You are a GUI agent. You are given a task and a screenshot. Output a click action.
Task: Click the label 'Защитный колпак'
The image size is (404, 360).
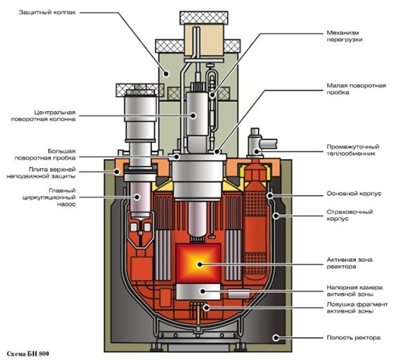point(47,12)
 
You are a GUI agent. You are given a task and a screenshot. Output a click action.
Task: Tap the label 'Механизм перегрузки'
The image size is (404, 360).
point(345,36)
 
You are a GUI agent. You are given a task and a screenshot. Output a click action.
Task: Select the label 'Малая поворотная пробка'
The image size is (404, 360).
point(356,89)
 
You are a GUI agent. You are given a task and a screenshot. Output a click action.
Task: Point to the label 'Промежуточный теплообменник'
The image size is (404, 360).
point(353,150)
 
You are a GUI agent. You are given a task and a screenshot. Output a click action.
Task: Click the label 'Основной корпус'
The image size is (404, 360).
point(354,193)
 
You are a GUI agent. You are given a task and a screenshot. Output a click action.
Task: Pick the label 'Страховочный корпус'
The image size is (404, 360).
point(350,215)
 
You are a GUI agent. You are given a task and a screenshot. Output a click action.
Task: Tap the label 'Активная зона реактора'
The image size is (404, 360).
point(350,263)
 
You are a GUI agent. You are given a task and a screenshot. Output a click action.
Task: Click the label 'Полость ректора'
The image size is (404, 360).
point(354,337)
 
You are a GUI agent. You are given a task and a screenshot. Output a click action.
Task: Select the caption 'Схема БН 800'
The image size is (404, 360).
point(28,354)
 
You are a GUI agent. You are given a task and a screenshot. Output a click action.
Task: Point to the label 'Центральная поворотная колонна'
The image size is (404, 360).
point(43,115)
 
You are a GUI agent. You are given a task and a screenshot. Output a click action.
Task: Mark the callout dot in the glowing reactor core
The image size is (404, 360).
point(200,265)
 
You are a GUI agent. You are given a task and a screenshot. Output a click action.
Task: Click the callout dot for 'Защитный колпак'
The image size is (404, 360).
point(167,74)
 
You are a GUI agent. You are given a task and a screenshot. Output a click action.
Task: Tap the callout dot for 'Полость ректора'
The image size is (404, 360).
point(276,337)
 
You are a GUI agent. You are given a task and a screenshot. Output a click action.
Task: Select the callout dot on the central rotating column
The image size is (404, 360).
point(193,115)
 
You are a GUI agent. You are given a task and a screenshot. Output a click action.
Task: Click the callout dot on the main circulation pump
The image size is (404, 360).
point(137,197)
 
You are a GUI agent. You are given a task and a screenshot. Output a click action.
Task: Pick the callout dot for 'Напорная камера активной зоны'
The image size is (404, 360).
point(203,291)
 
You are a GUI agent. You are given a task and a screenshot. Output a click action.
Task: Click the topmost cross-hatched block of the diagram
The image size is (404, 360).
point(204,18)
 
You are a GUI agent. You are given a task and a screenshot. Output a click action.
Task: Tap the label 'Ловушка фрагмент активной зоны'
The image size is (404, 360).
point(357,308)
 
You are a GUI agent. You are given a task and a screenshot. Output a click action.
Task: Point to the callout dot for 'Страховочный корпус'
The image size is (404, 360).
point(276,215)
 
